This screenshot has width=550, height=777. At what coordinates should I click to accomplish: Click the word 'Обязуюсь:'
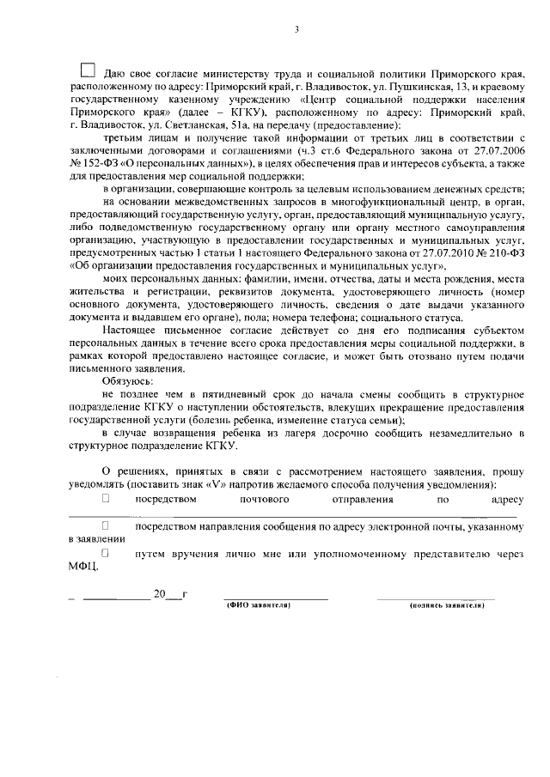click(x=127, y=379)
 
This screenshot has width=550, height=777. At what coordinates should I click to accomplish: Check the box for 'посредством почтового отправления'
click(x=107, y=498)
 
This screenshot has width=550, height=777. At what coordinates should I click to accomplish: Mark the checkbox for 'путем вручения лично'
click(x=106, y=553)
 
